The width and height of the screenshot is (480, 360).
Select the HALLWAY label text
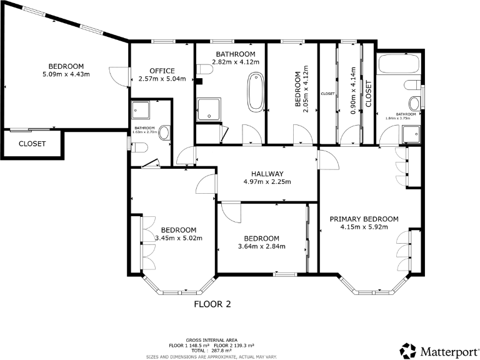pyautogui.click(x=267, y=174)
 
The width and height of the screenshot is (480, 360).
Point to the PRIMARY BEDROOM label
pyautogui.click(x=364, y=219)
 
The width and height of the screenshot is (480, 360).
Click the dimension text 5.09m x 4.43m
pyautogui.click(x=66, y=75)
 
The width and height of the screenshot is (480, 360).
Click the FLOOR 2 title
pyautogui.click(x=212, y=304)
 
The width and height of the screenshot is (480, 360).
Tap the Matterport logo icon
pyautogui.click(x=407, y=350)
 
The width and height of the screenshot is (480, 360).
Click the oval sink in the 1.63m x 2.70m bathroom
pyautogui.click(x=164, y=132)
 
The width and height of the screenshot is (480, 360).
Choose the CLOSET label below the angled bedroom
pyautogui.click(x=32, y=144)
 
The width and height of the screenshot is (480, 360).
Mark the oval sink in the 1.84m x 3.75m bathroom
pyautogui.click(x=414, y=103)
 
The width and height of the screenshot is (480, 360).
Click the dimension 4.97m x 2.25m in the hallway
pyautogui.click(x=267, y=182)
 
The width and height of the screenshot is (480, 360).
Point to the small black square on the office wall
pyautogui.click(x=198, y=81)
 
